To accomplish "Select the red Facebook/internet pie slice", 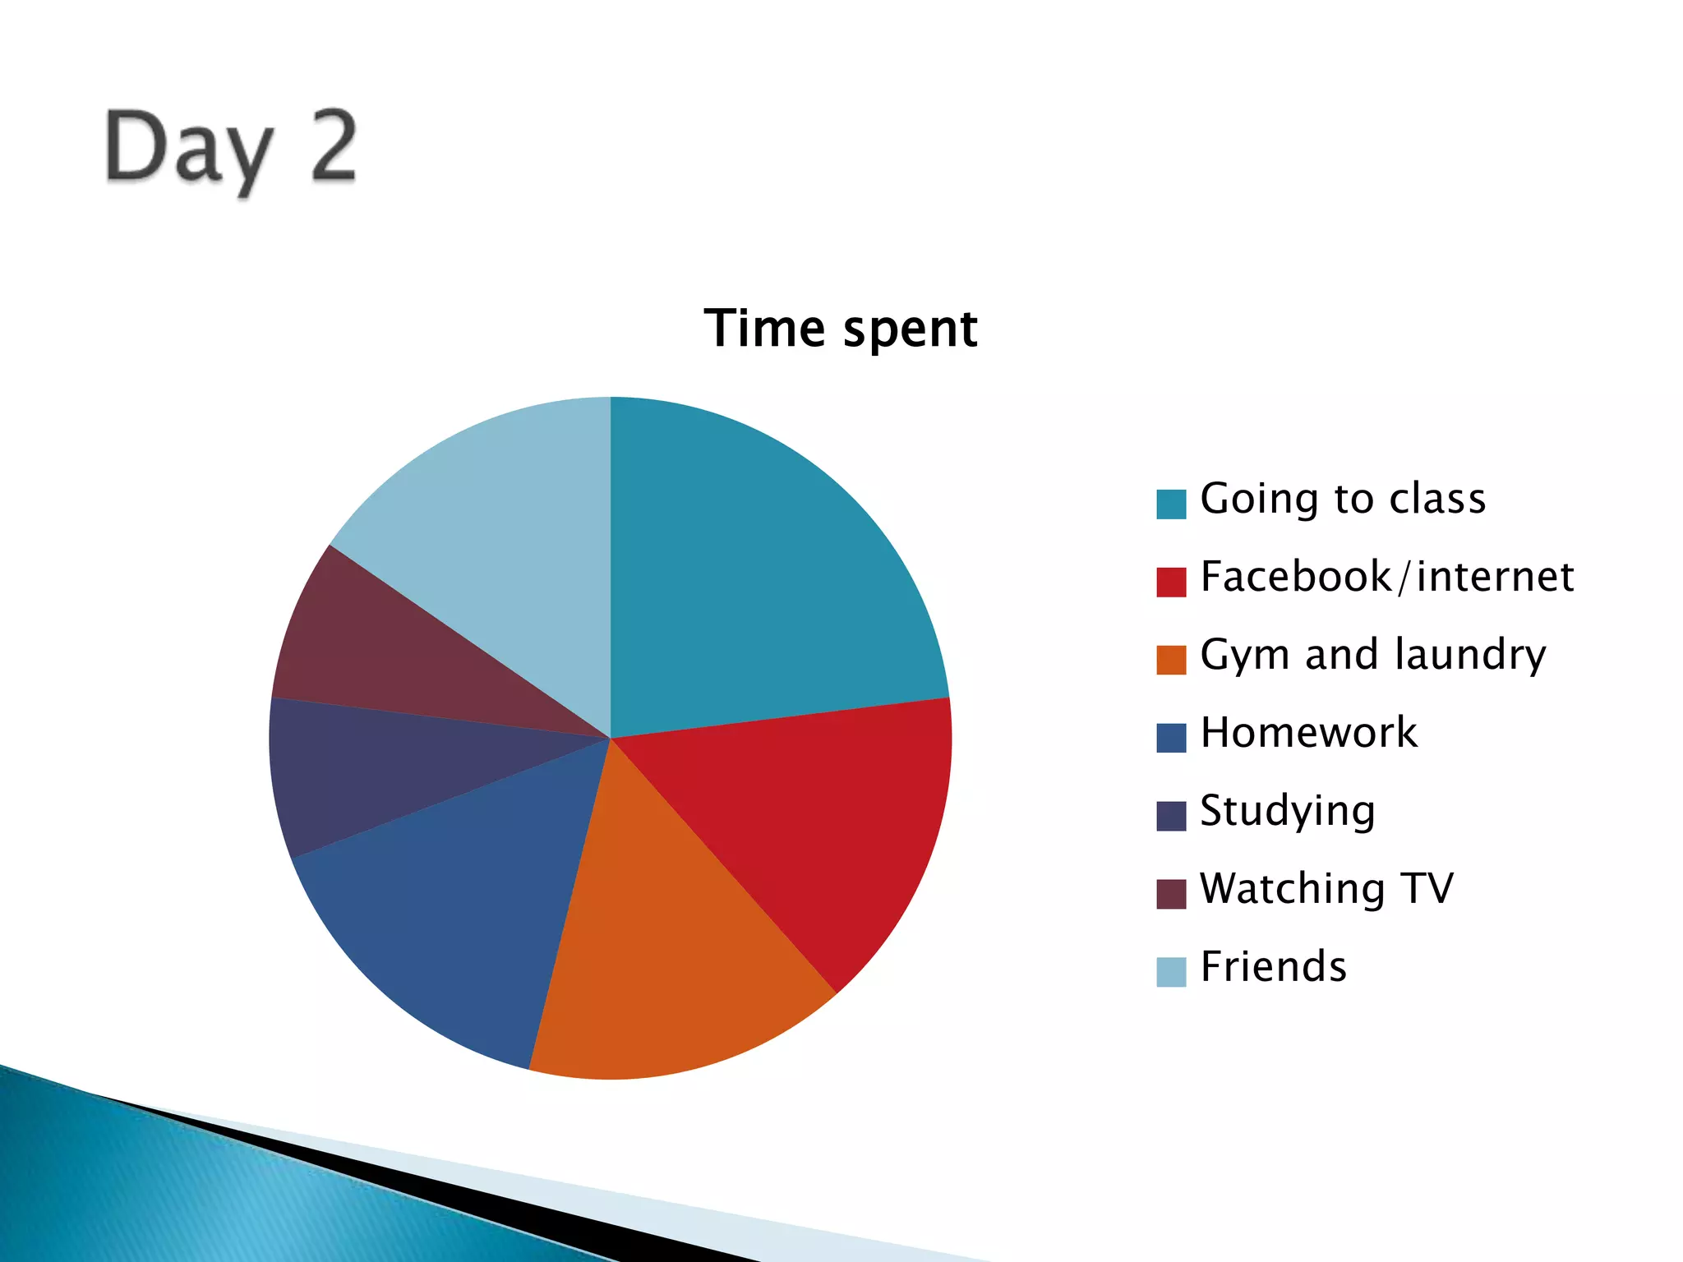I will (x=814, y=830).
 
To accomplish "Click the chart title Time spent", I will (x=841, y=329).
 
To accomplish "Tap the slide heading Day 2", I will (x=230, y=148).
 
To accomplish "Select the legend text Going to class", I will (x=1343, y=499).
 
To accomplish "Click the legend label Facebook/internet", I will (x=1386, y=577).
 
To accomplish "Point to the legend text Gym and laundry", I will (x=1372, y=655).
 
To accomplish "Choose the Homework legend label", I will (x=1308, y=733).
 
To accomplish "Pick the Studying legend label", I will (x=1287, y=811).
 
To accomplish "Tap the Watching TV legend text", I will (x=1326, y=889).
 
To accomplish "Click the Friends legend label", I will (x=1273, y=967).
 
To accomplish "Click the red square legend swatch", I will (x=1171, y=582).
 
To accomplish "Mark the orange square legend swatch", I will (x=1171, y=660).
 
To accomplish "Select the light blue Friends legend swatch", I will (x=1171, y=972).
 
